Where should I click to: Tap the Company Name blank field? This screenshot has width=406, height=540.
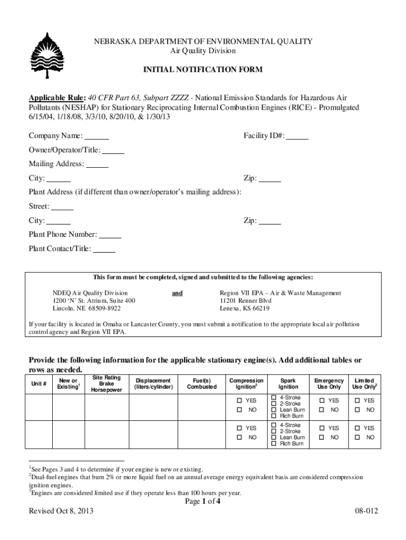click(97, 136)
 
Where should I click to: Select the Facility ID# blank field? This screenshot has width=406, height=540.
click(298, 136)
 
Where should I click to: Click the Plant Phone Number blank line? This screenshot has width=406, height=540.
click(110, 235)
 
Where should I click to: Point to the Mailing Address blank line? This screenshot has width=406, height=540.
click(97, 164)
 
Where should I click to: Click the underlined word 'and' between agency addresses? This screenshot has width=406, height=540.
click(177, 293)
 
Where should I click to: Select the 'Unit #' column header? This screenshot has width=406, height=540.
click(39, 384)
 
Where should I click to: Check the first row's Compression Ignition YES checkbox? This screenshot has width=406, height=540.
click(239, 400)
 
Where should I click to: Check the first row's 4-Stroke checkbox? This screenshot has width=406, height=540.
click(274, 397)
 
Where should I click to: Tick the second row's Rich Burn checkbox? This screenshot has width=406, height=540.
click(274, 444)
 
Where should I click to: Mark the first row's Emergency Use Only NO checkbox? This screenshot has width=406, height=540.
click(321, 410)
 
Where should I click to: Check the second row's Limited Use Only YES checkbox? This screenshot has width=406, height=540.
click(357, 428)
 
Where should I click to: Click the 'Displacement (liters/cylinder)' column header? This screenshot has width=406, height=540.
click(153, 383)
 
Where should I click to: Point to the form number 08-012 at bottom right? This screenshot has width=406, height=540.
click(367, 512)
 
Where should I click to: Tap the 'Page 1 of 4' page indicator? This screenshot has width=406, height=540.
click(202, 502)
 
